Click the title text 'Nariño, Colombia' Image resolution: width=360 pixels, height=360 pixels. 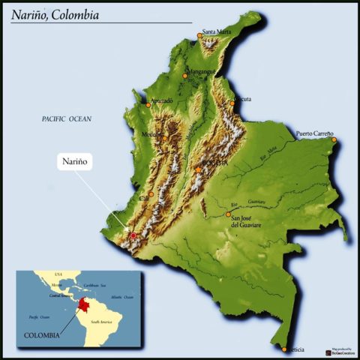[54, 15]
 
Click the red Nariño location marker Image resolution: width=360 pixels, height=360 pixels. [133, 235]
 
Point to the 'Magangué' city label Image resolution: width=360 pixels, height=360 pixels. [201, 72]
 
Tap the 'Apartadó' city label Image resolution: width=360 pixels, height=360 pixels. [161, 100]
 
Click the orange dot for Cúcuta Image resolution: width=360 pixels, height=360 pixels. [235, 100]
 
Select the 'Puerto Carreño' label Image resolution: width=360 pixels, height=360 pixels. [315, 133]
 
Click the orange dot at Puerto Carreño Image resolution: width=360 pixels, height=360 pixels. [334, 139]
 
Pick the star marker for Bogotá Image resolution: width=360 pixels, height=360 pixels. [198, 169]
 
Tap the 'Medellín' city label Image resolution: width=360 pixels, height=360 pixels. [153, 135]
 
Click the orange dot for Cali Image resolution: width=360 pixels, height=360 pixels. [151, 194]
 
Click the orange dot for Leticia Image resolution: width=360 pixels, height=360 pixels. [284, 349]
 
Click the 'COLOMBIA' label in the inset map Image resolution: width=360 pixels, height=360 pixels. [42, 335]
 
